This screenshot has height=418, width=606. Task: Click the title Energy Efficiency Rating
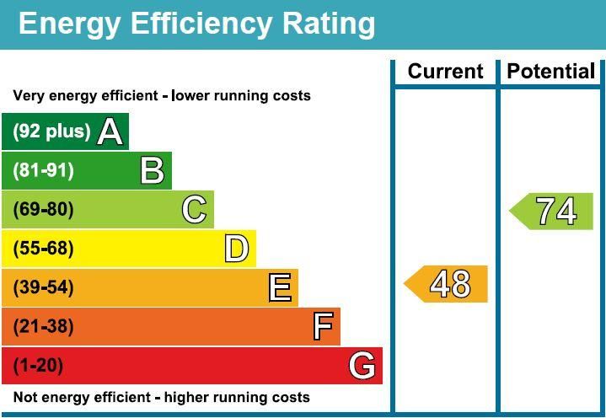pos(196,24)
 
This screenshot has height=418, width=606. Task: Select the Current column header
pos(444,72)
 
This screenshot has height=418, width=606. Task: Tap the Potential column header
pos(551,72)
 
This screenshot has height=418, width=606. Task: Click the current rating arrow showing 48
pos(448,284)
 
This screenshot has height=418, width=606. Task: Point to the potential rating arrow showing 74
pos(554,212)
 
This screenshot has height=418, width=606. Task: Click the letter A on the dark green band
pos(110,131)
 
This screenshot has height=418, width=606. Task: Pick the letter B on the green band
pos(153,170)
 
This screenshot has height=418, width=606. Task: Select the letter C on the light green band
pos(195,209)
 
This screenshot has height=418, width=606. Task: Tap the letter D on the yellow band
pos(237,249)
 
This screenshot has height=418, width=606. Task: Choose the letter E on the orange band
pos(280,287)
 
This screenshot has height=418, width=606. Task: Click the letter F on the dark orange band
pos(323,326)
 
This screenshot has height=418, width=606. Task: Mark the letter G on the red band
pos(362,366)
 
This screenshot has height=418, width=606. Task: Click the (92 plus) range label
pos(51,131)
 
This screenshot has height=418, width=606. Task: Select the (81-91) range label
pos(43,170)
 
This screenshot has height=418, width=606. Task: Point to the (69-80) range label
pos(43,209)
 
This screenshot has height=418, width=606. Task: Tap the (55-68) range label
pos(43,249)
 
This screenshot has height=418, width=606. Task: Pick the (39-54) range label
pos(43,287)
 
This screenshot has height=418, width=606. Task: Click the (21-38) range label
pos(43,326)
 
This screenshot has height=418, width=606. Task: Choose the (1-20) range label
pos(38,366)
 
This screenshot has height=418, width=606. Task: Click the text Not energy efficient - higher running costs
pos(161,397)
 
